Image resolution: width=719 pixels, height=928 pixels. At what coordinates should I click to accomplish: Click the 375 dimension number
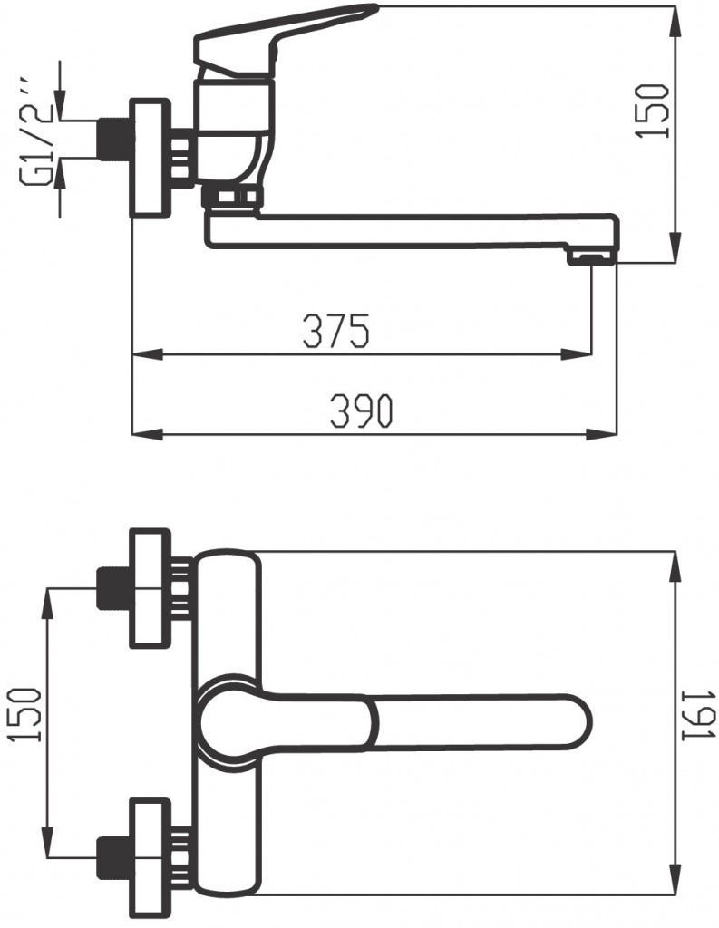336,332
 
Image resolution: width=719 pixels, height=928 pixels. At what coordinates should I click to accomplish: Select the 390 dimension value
360,412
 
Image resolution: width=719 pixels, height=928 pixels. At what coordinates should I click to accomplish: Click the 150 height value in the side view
653,111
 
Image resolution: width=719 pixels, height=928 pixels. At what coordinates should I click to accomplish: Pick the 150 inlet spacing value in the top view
28,715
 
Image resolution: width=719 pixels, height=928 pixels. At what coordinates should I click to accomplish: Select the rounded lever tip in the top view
571,722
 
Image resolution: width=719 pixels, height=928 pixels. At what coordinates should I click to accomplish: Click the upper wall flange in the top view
151,589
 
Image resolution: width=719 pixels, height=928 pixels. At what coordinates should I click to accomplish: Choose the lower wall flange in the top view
151,855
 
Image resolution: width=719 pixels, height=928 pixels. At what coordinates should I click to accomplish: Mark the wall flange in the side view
151,158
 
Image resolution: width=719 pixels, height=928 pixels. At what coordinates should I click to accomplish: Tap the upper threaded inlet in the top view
113,588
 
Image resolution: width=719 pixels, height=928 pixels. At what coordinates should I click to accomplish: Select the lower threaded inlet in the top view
113,856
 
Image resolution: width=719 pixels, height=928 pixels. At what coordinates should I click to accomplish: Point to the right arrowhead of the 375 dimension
580,354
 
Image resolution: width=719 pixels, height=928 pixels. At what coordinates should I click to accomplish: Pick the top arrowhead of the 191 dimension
675,562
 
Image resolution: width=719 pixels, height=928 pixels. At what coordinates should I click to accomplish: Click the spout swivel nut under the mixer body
232,198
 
